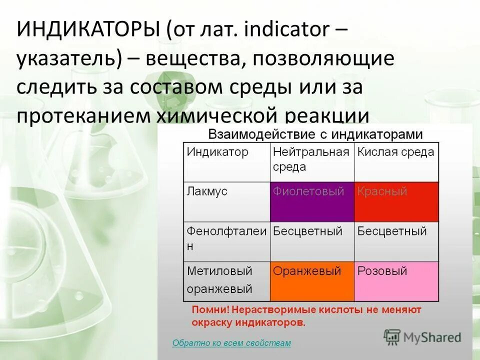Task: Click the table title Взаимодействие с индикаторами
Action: tap(315, 134)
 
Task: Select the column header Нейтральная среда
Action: tap(311, 159)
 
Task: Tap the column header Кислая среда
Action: tap(395, 152)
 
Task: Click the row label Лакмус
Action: tap(207, 191)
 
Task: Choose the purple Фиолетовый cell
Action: tap(312, 201)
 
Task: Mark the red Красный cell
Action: tap(396, 201)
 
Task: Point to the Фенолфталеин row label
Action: tap(226, 238)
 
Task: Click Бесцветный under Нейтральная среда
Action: tap(307, 231)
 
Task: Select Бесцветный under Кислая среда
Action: tap(392, 231)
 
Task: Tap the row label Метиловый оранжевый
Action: tap(220, 280)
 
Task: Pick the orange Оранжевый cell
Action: tap(312, 281)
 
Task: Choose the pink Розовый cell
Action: tap(396, 281)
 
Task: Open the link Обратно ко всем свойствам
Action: tap(231, 343)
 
